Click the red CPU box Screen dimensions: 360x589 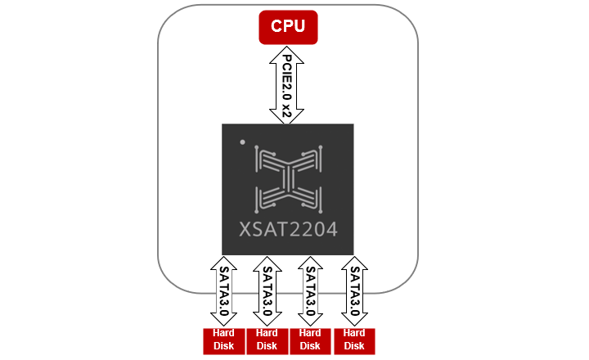click(288, 27)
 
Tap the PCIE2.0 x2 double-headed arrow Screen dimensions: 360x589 click(287, 85)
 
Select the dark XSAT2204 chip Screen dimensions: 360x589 click(287, 189)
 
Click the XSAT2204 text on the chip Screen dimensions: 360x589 click(288, 230)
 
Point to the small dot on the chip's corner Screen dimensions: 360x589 click(242, 143)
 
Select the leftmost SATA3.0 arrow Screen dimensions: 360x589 click(223, 291)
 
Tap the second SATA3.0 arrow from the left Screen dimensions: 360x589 click(267, 291)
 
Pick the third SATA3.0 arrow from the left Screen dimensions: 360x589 click(310, 291)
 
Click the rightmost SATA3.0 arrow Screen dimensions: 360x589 click(354, 291)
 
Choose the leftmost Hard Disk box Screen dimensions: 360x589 click(223, 340)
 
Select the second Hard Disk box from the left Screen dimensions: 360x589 click(267, 340)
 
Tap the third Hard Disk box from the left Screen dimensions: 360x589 click(310, 340)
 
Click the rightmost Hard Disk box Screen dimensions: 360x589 click(354, 340)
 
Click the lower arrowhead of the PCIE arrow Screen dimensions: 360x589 click(287, 118)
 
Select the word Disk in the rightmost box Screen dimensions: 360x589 click(354, 346)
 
